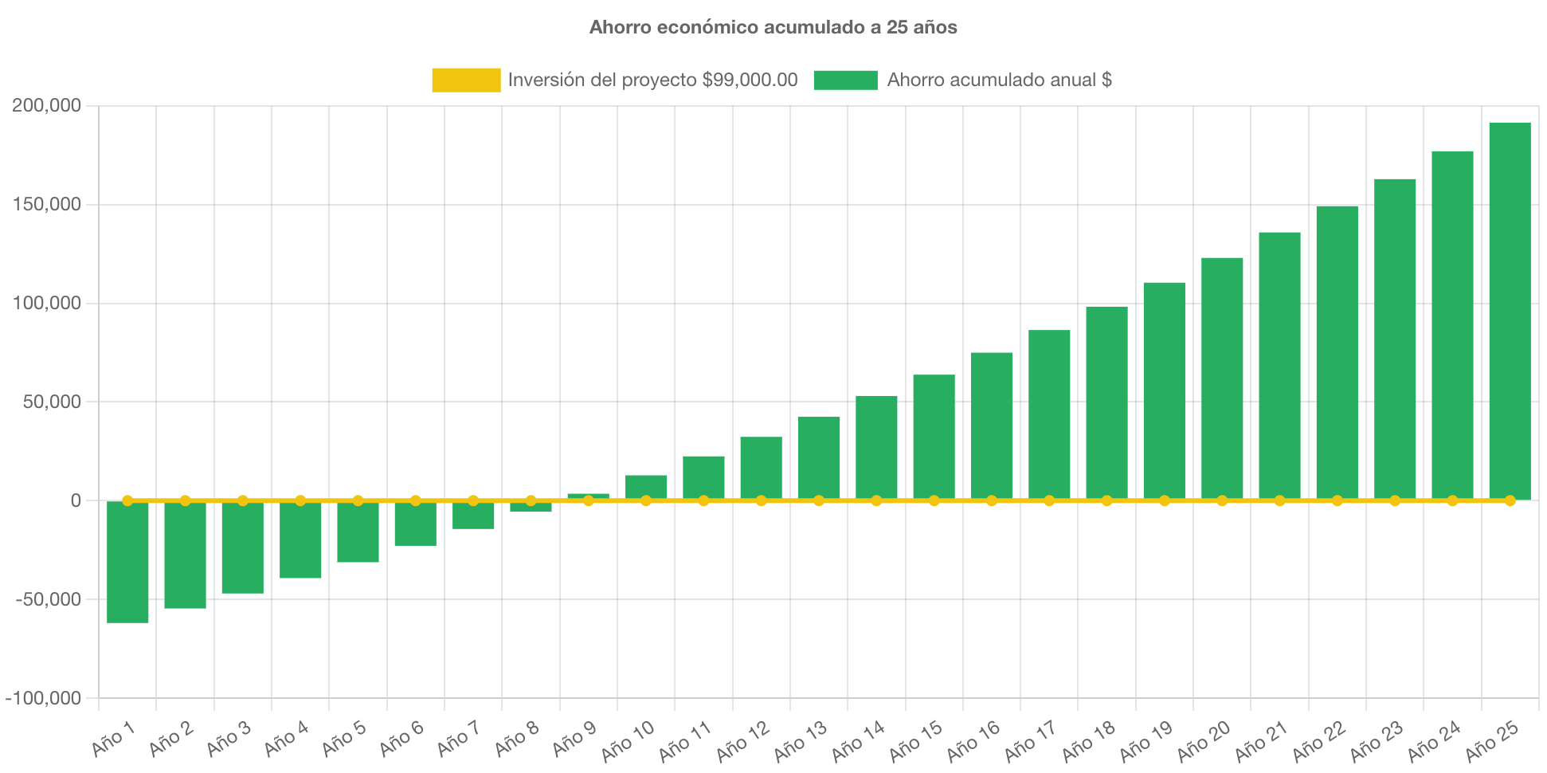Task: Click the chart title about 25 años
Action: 773,27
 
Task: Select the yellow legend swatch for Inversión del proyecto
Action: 466,80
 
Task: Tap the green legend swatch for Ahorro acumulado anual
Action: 845,80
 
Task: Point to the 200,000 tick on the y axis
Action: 47,105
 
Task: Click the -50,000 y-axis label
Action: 49,599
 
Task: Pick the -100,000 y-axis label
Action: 44,698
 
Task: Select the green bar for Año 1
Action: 127,562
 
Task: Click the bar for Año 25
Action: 1510,311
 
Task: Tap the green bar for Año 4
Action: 300,540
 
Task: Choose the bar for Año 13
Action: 819,458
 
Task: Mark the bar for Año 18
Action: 1106,402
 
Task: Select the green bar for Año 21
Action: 1279,367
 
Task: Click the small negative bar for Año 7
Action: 473,516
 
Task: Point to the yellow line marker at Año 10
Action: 646,500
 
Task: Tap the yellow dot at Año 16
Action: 992,500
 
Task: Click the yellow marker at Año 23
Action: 1395,500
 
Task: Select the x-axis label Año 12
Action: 743,740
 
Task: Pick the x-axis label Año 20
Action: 1204,740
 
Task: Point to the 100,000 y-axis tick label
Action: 47,303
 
